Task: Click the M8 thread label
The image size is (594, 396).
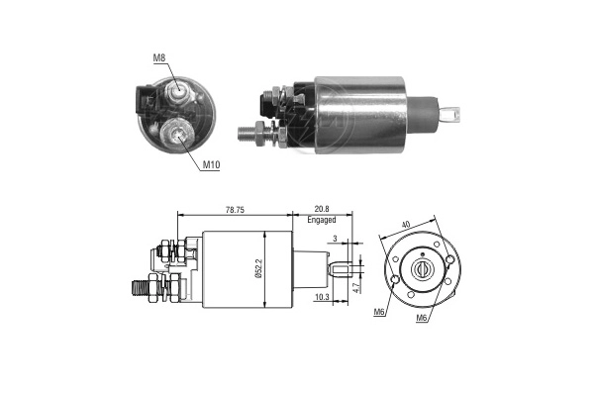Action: (159, 58)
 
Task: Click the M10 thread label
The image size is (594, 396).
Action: (211, 165)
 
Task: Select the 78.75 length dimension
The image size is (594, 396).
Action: (235, 210)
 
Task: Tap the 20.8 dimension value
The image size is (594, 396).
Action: (321, 209)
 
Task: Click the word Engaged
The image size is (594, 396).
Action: (321, 220)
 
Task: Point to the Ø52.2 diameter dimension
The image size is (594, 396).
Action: (258, 269)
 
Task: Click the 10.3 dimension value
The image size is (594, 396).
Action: (322, 298)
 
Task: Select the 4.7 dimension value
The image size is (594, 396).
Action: (355, 286)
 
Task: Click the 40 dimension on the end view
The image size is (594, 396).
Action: (405, 225)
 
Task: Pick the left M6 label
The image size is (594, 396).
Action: (379, 312)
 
